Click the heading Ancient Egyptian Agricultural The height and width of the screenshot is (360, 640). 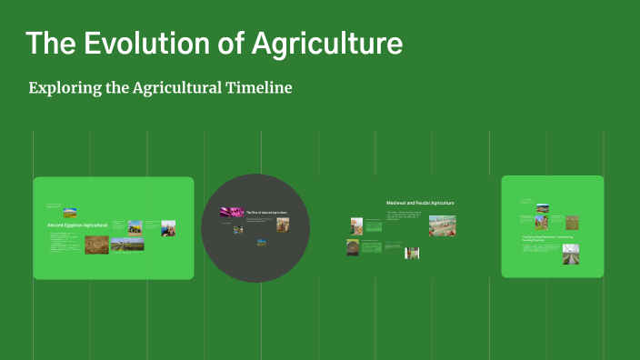[x=77, y=224]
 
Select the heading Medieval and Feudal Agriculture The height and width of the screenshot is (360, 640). [x=420, y=203]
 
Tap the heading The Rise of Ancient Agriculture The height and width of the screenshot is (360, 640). [x=265, y=212]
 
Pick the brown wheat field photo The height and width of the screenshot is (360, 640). [x=96, y=245]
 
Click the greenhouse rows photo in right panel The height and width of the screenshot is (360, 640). [x=570, y=254]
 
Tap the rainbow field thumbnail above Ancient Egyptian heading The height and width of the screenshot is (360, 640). [x=69, y=214]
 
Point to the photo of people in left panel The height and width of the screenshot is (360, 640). [x=169, y=228]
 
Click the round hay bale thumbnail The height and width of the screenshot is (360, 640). [x=352, y=247]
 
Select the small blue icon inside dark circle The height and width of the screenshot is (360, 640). [x=262, y=242]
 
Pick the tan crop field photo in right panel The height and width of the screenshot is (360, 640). [x=572, y=222]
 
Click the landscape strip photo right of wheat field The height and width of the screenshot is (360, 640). [x=127, y=244]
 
